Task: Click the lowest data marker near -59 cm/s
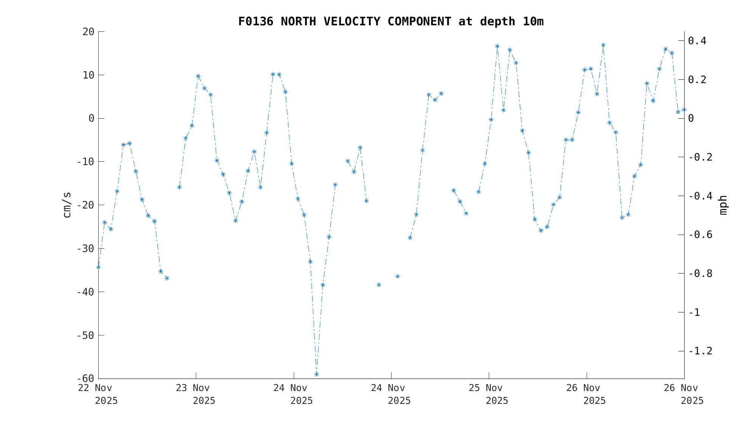[316, 374]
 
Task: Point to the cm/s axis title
[67, 205]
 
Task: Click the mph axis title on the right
[723, 205]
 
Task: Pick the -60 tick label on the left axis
[85, 379]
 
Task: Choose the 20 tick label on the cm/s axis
[88, 32]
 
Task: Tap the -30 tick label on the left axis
[85, 249]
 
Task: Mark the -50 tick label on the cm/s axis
[85, 335]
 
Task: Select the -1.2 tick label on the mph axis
[700, 351]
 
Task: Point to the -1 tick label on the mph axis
[694, 312]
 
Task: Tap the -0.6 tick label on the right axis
[700, 235]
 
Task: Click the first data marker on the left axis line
[98, 267]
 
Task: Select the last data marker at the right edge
[684, 110]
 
